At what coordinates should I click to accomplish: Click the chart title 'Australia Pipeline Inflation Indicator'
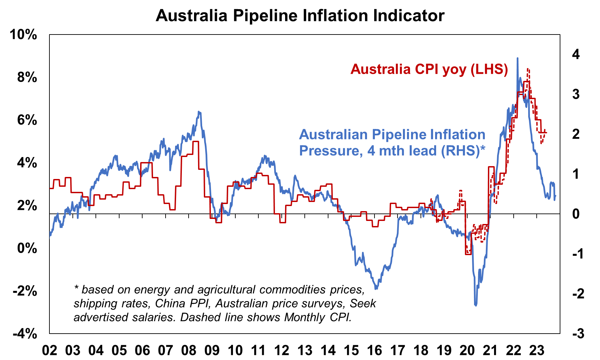pos(300,16)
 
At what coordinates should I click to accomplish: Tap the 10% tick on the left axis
pos(23,35)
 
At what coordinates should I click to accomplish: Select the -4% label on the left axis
pos(25,334)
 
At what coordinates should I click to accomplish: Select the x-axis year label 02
pos(49,351)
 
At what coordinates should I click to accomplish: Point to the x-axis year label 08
pos(189,351)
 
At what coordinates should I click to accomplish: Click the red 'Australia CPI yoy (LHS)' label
pos(429,69)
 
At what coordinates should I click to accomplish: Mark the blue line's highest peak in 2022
pos(517,58)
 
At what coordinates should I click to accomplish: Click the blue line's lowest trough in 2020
pos(476,305)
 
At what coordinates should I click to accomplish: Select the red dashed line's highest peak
pos(528,69)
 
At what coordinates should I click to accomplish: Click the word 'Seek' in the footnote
pos(363,303)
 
